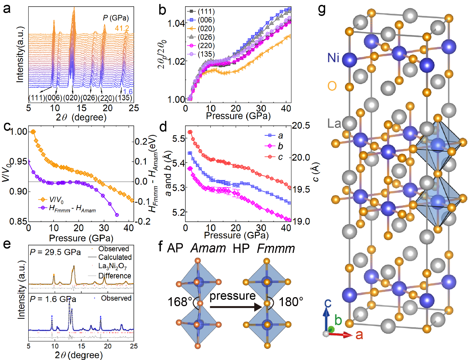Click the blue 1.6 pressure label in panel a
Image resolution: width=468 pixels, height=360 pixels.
128,92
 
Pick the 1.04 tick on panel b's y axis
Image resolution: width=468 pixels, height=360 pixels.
176,23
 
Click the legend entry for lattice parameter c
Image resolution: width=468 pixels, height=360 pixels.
280,157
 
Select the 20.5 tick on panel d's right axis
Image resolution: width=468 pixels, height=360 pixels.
301,126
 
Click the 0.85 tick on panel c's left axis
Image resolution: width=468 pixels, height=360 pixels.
19,221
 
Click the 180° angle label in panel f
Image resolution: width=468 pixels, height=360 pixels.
291,302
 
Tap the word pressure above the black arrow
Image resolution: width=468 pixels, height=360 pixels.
232,296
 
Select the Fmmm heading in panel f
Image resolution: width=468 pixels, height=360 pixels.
276,248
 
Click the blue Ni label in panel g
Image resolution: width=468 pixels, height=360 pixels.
333,58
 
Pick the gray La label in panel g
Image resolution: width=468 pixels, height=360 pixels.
334,123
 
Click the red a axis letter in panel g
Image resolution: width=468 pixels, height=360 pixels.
359,335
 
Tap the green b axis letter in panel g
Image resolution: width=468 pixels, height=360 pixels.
338,320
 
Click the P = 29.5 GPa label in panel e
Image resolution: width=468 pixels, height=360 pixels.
55,252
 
